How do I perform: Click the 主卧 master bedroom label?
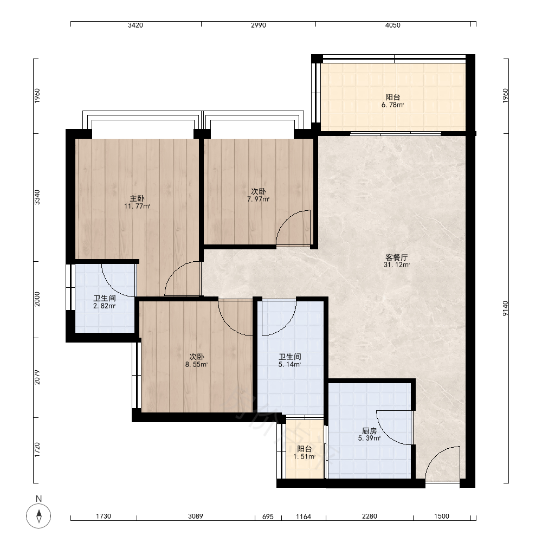click(x=137, y=198)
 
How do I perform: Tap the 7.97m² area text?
click(x=258, y=199)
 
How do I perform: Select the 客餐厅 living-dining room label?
click(x=397, y=257)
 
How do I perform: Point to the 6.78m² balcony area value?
click(x=392, y=105)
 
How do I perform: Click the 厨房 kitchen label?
click(x=369, y=431)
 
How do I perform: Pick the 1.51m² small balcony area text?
click(x=305, y=456)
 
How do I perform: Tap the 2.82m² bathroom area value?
click(x=105, y=306)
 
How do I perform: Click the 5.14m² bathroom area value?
click(x=289, y=364)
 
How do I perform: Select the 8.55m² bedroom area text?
click(x=196, y=364)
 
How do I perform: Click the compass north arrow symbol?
click(x=38, y=516)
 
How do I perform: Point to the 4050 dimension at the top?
click(x=392, y=25)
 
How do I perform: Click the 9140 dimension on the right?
click(x=505, y=308)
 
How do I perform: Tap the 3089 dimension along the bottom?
click(x=196, y=516)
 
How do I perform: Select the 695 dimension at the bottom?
click(x=268, y=517)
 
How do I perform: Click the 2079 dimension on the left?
click(x=37, y=377)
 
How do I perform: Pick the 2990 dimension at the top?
click(x=258, y=25)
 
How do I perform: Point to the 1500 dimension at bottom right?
click(x=441, y=516)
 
